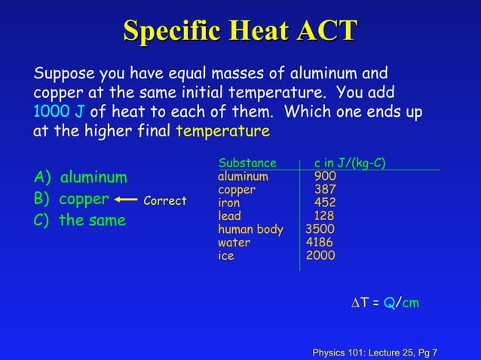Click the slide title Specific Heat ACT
240,32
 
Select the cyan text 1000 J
58,112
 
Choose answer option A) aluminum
81,178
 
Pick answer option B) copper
72,200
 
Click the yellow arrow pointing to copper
127,200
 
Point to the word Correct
164,201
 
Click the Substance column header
247,163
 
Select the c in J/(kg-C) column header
351,163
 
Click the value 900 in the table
326,176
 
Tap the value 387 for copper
326,190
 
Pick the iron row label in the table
229,203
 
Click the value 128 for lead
326,216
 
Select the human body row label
250,229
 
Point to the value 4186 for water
320,243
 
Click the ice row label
226,255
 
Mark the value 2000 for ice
320,255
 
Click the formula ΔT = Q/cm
386,303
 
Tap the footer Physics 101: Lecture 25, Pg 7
375,352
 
